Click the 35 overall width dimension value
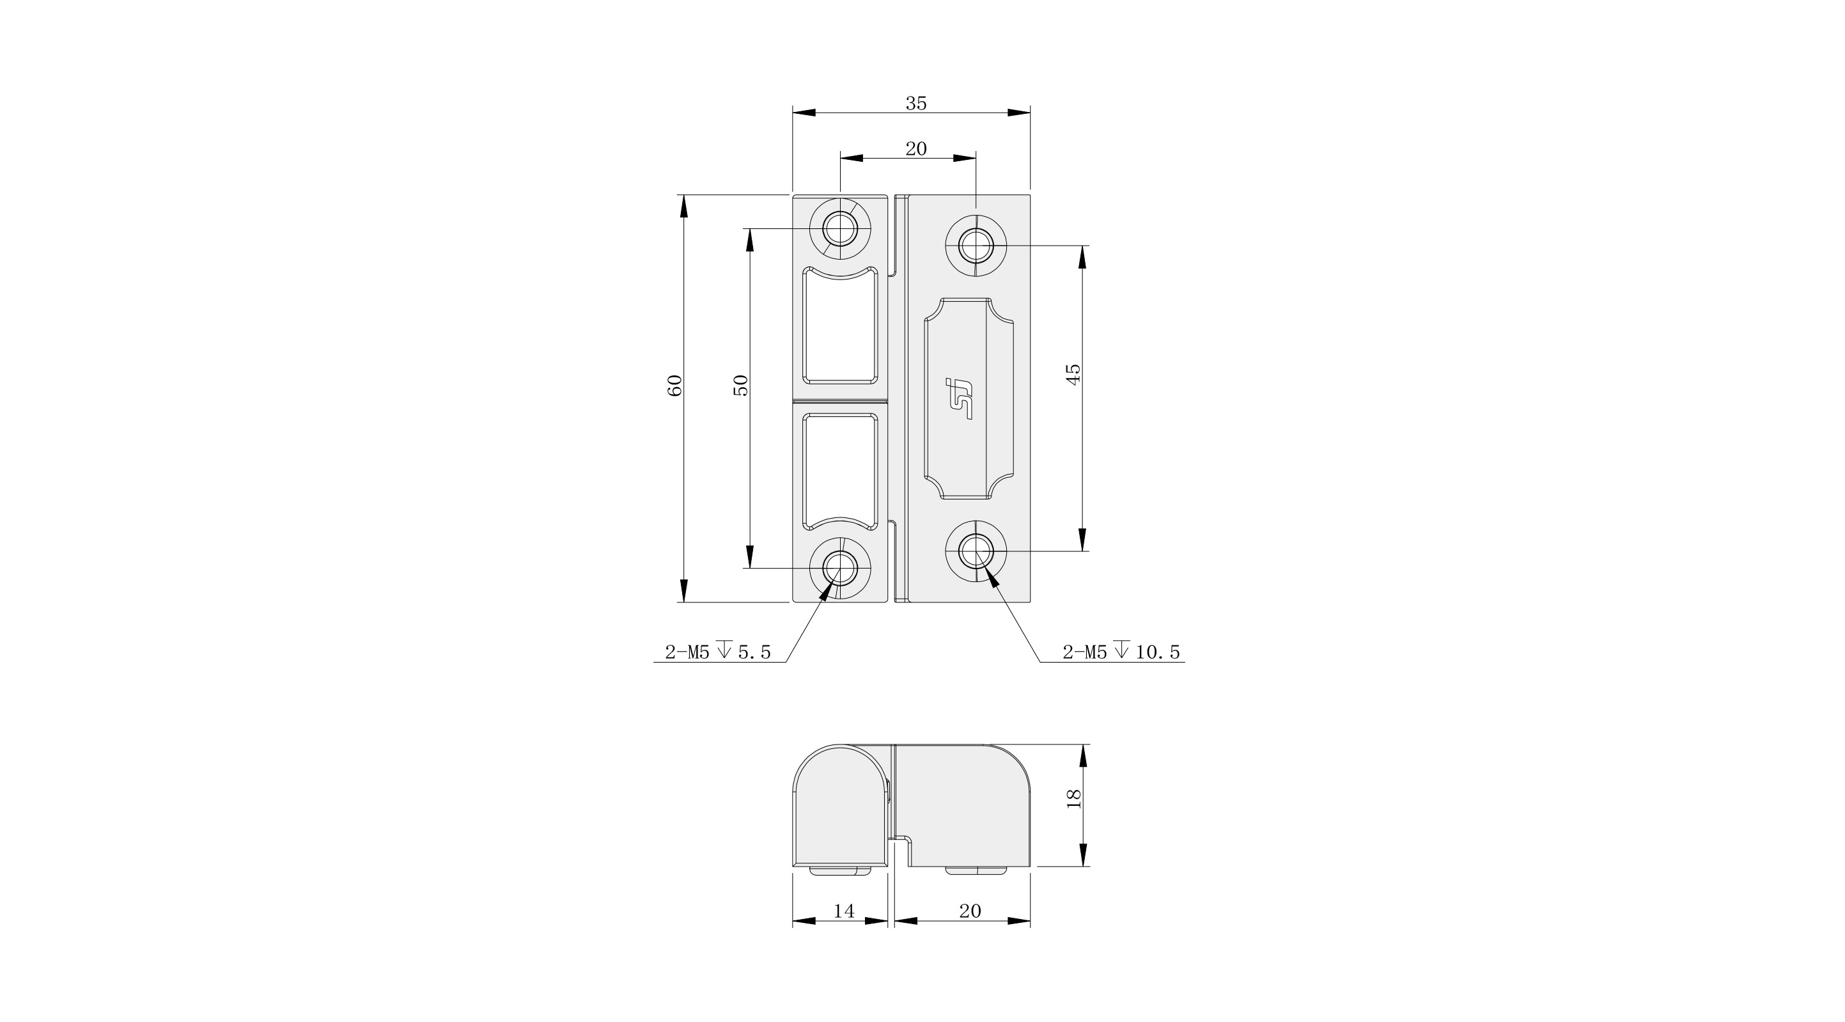pyautogui.click(x=916, y=103)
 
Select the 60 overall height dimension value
pyautogui.click(x=674, y=386)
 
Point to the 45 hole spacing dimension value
pyautogui.click(x=1073, y=374)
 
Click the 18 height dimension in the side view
pyautogui.click(x=1073, y=798)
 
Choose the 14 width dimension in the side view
pyautogui.click(x=844, y=911)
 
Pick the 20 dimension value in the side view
pyautogui.click(x=970, y=911)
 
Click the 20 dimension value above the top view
pyautogui.click(x=916, y=148)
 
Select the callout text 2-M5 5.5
pyautogui.click(x=718, y=652)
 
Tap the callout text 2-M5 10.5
pyautogui.click(x=1121, y=652)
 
